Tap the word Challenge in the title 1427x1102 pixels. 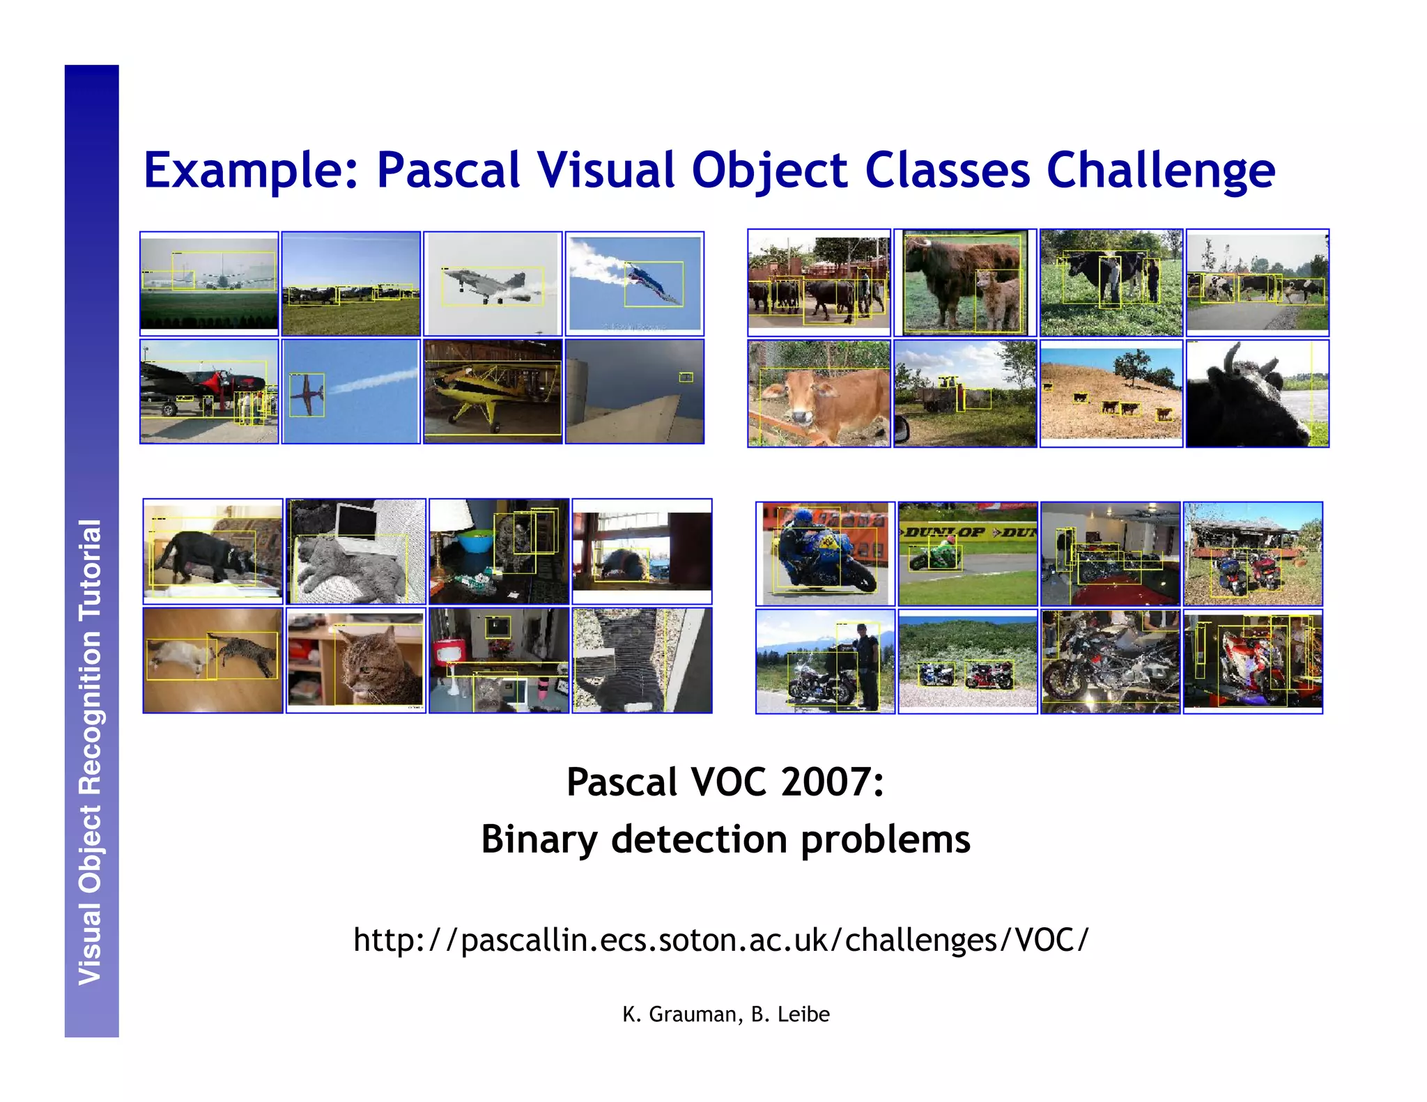coord(1160,171)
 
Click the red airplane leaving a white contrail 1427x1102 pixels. coord(306,395)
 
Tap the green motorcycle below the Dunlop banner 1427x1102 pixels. coord(937,556)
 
